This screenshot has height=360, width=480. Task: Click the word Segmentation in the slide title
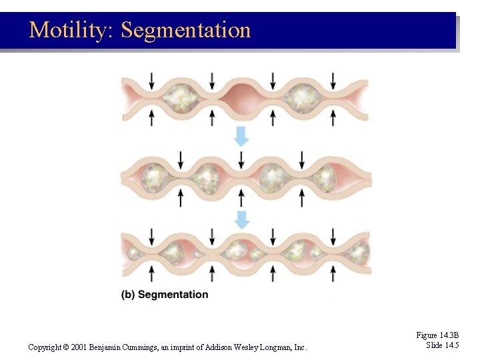point(186,30)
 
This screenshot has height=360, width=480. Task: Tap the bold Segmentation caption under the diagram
point(173,295)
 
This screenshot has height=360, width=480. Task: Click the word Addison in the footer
point(218,347)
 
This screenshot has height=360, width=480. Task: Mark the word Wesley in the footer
point(249,347)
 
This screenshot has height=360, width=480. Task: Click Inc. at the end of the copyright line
point(301,347)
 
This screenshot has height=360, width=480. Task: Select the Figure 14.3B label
point(437,335)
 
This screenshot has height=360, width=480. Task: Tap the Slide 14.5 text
point(443,345)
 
